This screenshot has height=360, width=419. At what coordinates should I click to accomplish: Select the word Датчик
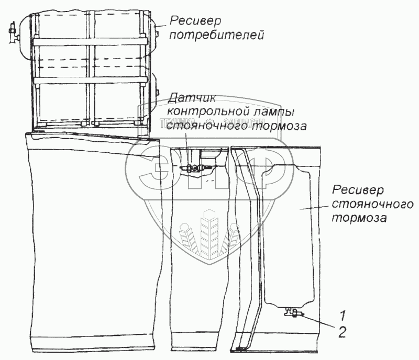tap(185, 98)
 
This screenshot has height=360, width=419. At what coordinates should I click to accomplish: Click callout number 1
tap(342, 315)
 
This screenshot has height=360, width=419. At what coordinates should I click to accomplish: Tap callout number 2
tap(342, 331)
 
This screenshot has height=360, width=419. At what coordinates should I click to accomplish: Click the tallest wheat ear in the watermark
tap(210, 230)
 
